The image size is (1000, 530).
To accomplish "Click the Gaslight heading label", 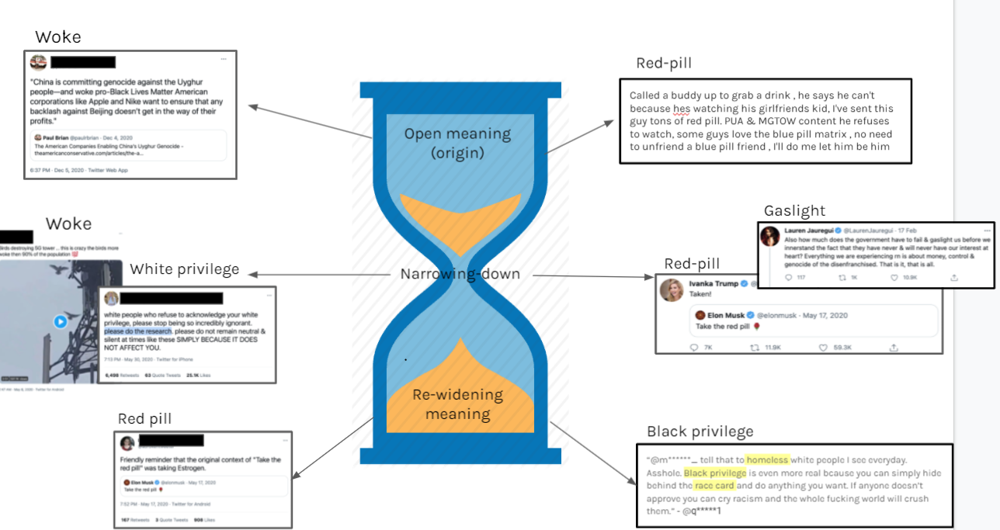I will point(794,211).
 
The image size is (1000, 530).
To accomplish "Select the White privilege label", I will point(184,269).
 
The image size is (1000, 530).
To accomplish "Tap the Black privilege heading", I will point(700,431).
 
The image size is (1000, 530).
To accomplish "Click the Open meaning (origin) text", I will point(457,143).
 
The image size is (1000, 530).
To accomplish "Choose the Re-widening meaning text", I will point(457,404).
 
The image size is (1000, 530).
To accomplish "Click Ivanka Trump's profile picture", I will point(672,289).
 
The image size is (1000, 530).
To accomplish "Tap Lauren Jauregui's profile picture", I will point(769,236).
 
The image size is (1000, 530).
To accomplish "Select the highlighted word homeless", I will point(767,460).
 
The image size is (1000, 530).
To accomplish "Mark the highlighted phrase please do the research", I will point(145,331).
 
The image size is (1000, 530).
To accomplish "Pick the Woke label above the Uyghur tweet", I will point(57,37).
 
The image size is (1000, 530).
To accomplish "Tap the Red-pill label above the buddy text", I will point(663,63).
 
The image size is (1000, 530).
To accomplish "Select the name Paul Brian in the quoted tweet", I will point(56,137).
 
